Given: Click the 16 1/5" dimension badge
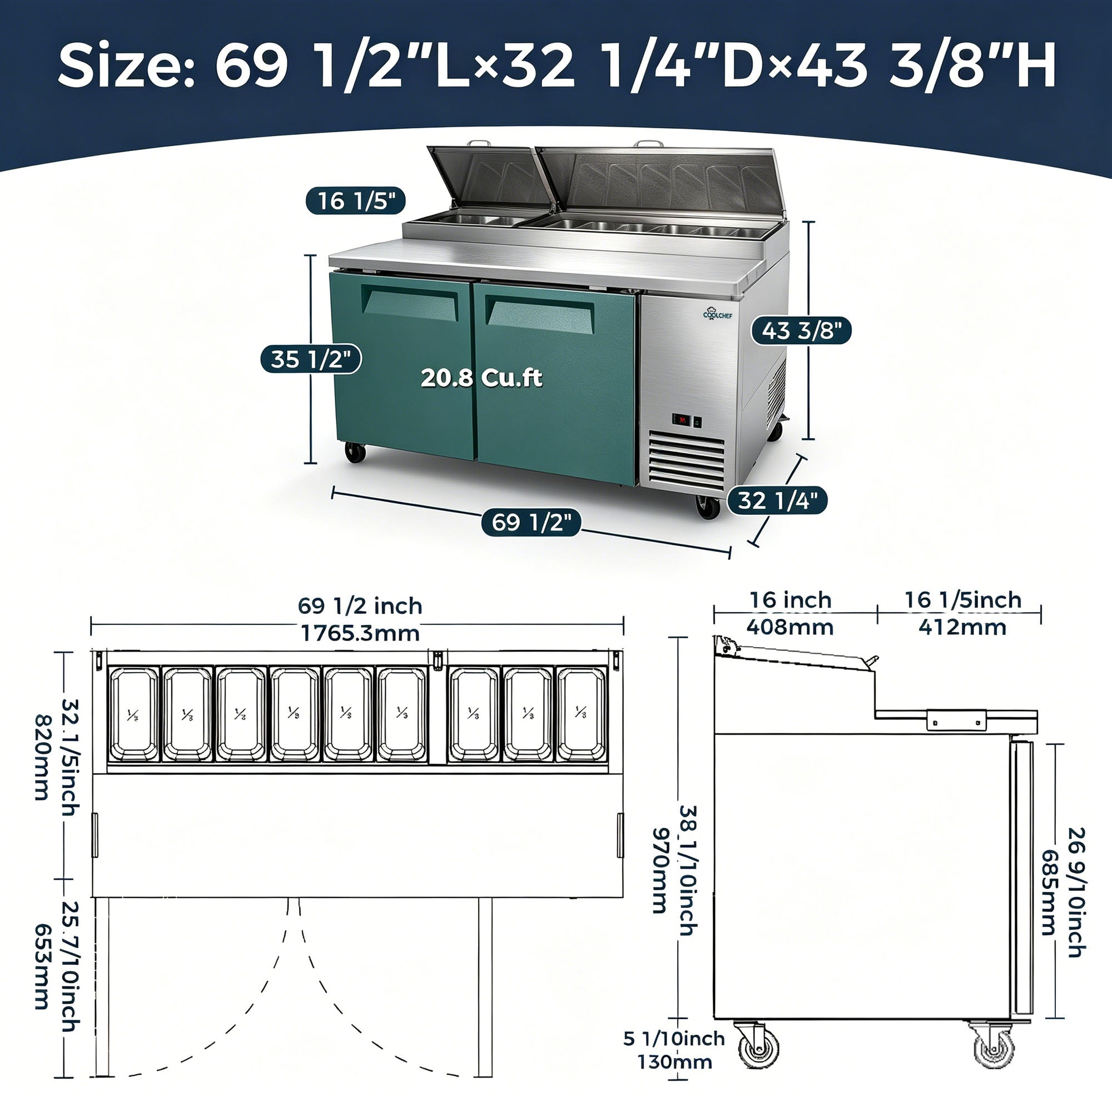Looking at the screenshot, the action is tap(355, 201).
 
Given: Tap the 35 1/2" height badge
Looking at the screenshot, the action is tap(311, 359).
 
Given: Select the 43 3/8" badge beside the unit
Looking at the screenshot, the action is tap(802, 330).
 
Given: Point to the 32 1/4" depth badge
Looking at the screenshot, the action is tap(777, 500).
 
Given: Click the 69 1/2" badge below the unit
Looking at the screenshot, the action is tap(531, 523).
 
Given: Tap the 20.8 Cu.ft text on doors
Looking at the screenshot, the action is tap(481, 378).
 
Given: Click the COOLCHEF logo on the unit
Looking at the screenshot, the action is tap(718, 313).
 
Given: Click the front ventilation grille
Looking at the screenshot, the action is tap(687, 459).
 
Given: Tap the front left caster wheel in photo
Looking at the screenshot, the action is tap(355, 452).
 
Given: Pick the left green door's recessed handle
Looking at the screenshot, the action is tap(410, 301).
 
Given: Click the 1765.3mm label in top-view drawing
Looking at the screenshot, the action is tap(360, 633).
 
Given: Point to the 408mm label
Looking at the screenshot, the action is tap(790, 627).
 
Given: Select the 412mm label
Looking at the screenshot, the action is tap(962, 627).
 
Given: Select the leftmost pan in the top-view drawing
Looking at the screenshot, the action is tap(133, 714).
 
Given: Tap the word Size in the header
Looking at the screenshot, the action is tap(126, 66).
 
